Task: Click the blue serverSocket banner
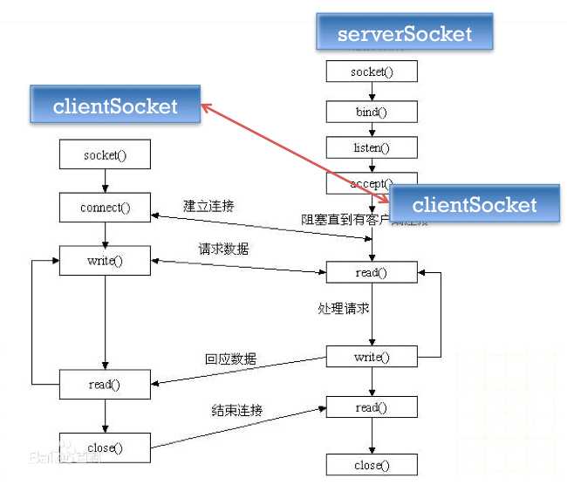[x=405, y=34]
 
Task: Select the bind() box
[x=372, y=111]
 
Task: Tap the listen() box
[x=372, y=148]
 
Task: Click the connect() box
[x=105, y=208]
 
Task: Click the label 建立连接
[x=208, y=206]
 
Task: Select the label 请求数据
[x=223, y=249]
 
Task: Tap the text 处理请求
[x=343, y=308]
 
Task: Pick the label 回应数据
[x=231, y=359]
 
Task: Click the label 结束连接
[x=237, y=409]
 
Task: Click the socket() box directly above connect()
[x=105, y=156]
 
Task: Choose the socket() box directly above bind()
[x=372, y=72]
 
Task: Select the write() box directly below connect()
[x=105, y=261]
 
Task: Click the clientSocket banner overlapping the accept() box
[x=474, y=205]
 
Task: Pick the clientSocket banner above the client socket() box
[x=115, y=106]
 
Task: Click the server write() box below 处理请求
[x=372, y=357]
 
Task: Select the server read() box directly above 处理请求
[x=372, y=272]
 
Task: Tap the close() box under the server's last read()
[x=372, y=465]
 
